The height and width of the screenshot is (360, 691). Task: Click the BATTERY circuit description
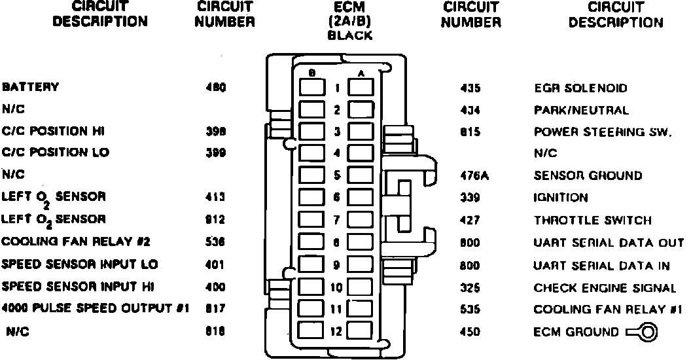coord(31,87)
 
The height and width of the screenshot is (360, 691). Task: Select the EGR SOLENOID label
coord(581,88)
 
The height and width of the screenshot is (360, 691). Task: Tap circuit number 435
coord(470,88)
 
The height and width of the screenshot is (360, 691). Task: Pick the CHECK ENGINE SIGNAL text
coord(605,288)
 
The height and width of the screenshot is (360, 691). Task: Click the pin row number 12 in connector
coord(336,332)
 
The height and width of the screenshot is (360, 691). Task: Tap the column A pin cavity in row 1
coord(361,88)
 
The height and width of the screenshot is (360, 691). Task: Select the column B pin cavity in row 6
coord(310,198)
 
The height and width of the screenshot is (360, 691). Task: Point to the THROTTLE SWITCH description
coord(592,221)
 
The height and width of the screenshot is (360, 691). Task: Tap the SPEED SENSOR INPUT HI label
coord(79,287)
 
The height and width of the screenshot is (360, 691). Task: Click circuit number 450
coord(470,333)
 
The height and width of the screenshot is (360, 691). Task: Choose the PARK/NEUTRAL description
coord(581,111)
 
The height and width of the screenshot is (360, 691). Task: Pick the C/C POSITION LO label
coord(56,153)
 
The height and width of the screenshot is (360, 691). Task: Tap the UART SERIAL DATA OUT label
coord(609,243)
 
